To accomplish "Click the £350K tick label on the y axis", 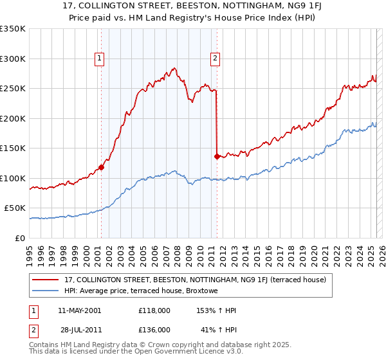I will (13, 29).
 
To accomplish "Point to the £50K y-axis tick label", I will (15, 208).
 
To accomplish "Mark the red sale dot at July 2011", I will (217, 156).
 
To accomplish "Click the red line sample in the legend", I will (46, 280).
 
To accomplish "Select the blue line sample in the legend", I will (46, 290).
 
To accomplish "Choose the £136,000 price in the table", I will (154, 329).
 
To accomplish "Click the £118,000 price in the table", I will (154, 310).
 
